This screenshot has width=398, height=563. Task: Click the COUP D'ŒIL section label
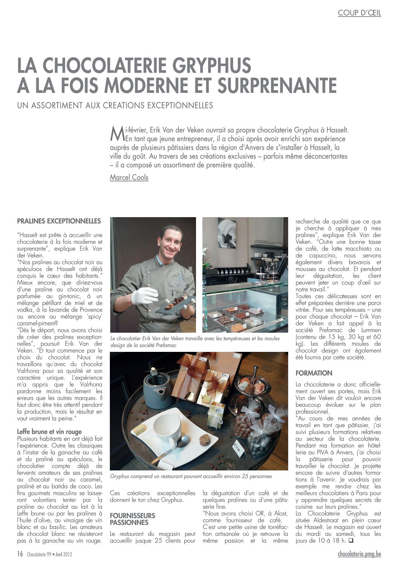coord(359,13)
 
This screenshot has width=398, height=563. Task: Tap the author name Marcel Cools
coord(129,177)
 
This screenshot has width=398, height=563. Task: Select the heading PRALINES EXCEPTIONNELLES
coord(59,221)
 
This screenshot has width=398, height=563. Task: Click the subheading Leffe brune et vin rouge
coord(49,432)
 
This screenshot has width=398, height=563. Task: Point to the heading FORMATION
coord(314,373)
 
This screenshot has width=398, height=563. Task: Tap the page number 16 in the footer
coord(20,554)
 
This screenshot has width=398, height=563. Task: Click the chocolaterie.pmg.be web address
coord(359,554)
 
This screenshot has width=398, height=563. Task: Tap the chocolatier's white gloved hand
coord(144,295)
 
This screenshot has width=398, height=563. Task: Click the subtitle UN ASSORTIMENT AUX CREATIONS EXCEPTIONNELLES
coord(115,105)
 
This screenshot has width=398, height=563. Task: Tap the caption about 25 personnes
coord(191,476)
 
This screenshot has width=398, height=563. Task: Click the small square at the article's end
coord(350,541)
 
